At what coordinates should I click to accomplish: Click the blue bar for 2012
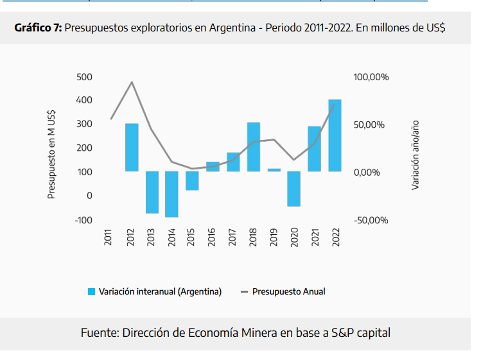[132, 147]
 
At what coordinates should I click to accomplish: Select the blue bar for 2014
[172, 194]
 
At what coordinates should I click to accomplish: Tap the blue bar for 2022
[335, 135]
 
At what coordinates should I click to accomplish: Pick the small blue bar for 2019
[274, 170]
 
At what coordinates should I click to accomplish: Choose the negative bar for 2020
[294, 189]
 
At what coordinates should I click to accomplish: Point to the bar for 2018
[254, 146]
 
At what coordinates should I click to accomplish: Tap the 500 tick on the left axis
[85, 77]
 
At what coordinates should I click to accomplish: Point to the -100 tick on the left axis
[83, 220]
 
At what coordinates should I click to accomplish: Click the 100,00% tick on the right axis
[371, 77]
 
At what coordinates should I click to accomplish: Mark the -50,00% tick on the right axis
[371, 220]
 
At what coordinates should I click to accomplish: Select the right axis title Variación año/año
[415, 154]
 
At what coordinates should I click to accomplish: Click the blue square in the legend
[91, 292]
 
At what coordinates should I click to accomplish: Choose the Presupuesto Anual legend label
[288, 291]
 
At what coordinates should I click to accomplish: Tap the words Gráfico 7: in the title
[38, 28]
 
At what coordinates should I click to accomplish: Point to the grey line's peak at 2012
[132, 82]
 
